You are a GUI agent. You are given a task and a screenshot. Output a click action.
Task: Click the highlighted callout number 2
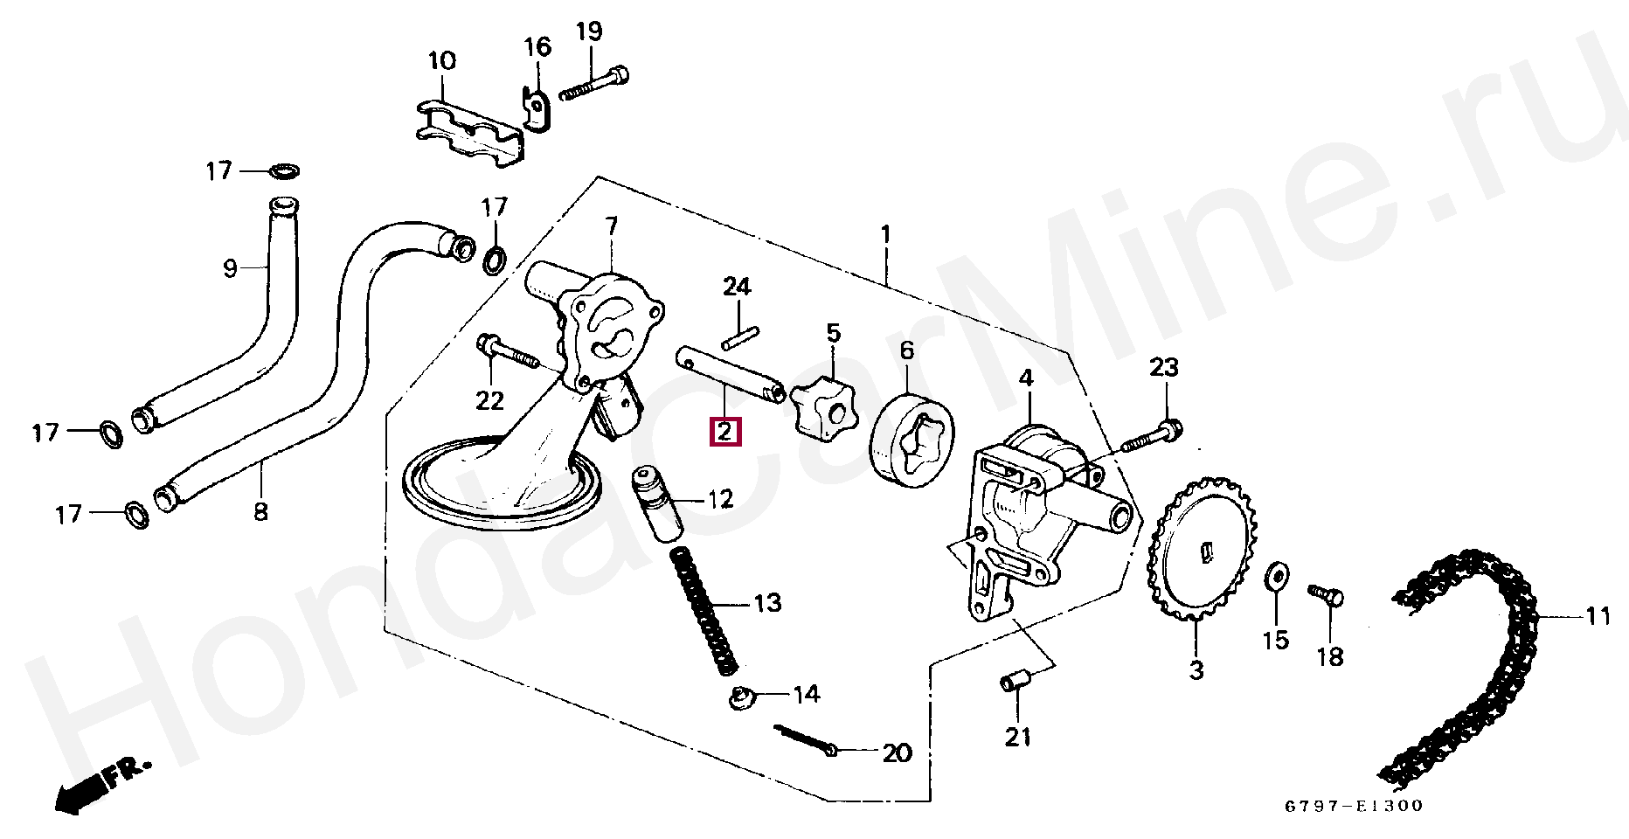pos(725,432)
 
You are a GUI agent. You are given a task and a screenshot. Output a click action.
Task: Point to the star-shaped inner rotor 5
pos(824,408)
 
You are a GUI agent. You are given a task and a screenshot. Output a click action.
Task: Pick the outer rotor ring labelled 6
pos(912,440)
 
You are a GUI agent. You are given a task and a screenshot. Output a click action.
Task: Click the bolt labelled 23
pos(1152,437)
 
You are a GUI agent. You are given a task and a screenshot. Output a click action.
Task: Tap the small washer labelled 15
pos(1277,576)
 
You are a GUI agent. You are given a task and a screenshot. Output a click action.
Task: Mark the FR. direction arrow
pos(96,787)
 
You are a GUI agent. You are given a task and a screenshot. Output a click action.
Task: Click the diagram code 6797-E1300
pos(1354,806)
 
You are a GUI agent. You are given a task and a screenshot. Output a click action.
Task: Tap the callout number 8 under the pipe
pos(260,511)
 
